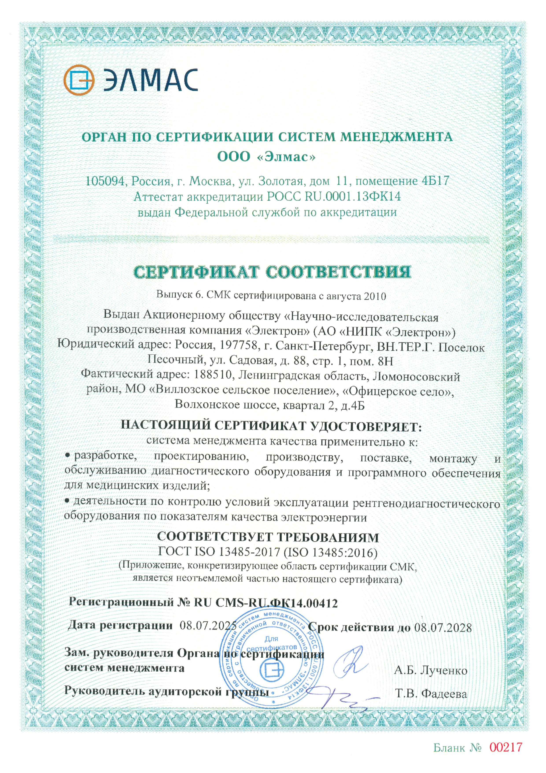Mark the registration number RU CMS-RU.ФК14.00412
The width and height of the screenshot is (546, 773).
pos(266,603)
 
